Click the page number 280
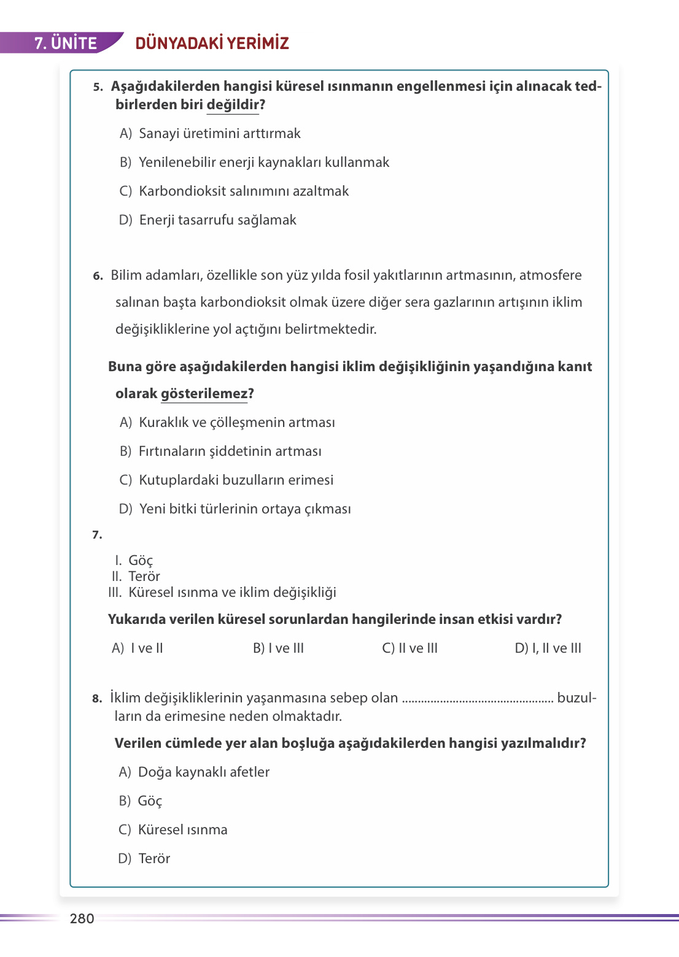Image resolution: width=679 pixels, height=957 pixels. click(82, 918)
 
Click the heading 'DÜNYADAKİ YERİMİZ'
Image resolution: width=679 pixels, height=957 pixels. click(212, 43)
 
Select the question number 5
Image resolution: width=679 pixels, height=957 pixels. click(98, 87)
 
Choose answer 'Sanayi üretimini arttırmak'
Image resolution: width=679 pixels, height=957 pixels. click(219, 134)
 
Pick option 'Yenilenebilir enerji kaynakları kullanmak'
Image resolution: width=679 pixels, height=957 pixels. click(263, 163)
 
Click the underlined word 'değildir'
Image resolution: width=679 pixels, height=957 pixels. click(233, 105)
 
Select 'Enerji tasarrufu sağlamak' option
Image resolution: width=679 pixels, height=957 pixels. click(217, 220)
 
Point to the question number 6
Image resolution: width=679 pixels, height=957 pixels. click(98, 276)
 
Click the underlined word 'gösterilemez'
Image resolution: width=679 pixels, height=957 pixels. click(204, 394)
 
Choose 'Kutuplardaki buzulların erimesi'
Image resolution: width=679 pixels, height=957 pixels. click(236, 480)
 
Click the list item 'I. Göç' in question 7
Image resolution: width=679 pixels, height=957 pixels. click(134, 561)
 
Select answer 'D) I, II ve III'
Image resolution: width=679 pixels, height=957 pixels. click(548, 648)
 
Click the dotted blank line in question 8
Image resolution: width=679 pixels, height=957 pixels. click(477, 699)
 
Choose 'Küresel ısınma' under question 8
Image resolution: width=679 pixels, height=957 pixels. click(182, 830)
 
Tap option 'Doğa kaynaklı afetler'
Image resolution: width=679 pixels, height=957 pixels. click(203, 772)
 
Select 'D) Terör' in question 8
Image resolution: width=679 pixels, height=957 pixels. click(144, 859)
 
